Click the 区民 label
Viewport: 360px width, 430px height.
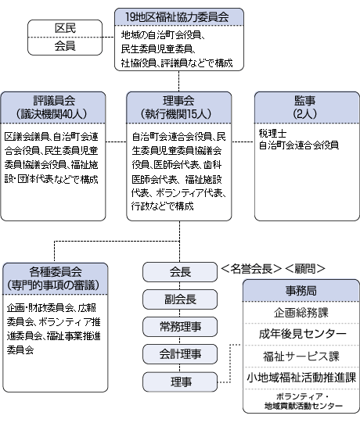point(65,28)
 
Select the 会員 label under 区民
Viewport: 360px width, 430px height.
point(65,46)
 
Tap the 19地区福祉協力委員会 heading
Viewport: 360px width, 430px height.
point(178,17)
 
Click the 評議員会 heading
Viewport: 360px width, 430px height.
point(54,101)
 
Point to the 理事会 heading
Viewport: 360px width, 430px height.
point(178,101)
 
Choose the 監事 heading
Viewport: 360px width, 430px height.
point(304,101)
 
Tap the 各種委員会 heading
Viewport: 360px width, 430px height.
point(56,272)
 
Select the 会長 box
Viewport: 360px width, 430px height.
point(180,272)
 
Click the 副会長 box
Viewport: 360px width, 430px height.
point(180,299)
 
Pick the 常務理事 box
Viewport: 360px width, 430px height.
point(180,327)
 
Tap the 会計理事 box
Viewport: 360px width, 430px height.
point(180,354)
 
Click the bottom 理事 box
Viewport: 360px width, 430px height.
point(180,382)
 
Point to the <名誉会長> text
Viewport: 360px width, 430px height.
point(251,269)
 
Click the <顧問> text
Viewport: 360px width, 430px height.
point(305,269)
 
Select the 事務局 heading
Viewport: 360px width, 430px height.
point(301,291)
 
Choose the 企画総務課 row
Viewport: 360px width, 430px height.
point(301,313)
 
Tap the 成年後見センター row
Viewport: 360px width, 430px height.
point(301,334)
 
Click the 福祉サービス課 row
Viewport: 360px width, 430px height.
point(301,356)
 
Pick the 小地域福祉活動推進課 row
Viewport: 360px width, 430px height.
point(301,378)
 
